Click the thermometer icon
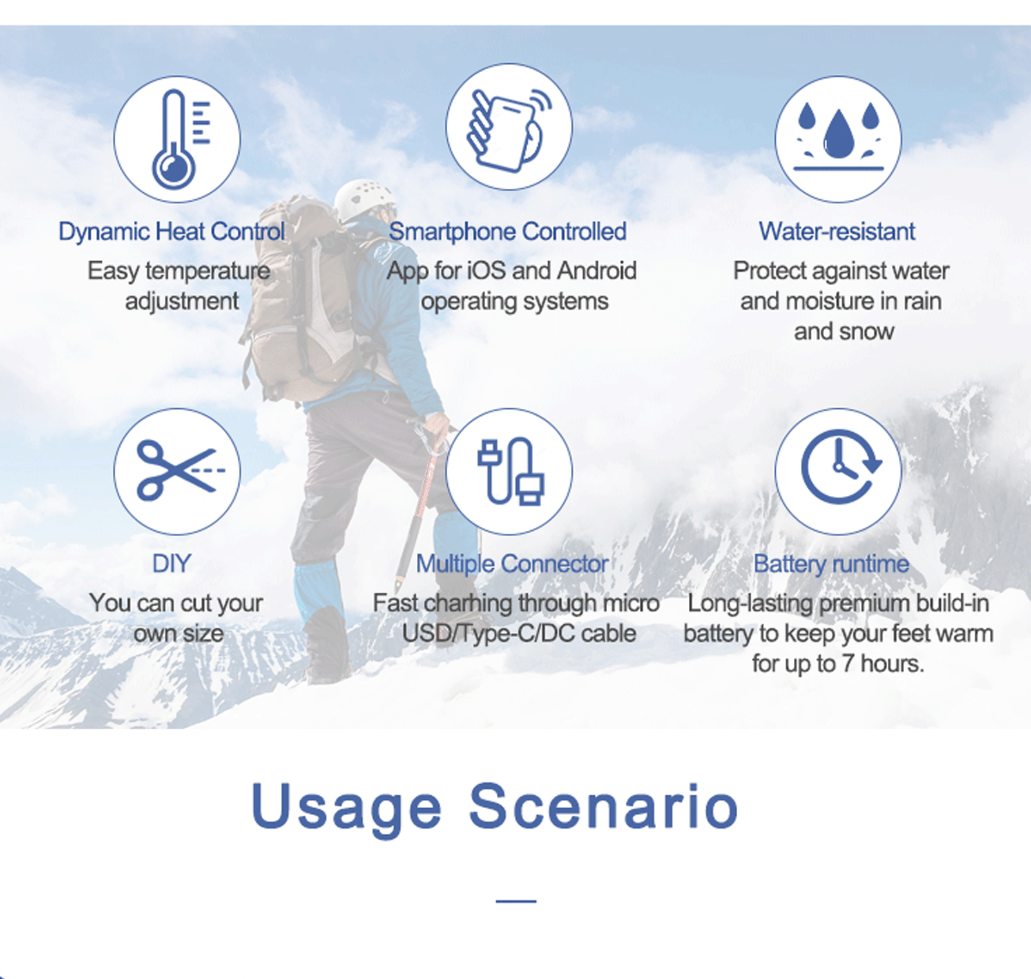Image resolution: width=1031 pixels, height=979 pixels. [x=178, y=139]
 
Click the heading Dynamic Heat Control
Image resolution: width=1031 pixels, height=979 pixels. [x=171, y=232]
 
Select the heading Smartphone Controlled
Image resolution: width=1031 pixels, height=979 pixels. [x=508, y=232]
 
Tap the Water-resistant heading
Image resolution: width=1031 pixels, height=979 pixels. [x=837, y=232]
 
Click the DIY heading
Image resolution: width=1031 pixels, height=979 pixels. [x=171, y=564]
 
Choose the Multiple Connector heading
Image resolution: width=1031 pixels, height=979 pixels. [x=512, y=564]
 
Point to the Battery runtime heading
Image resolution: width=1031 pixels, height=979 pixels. [x=831, y=564]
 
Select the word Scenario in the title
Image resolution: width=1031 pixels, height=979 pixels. [x=603, y=806]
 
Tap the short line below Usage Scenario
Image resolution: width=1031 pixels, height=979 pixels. [x=516, y=901]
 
